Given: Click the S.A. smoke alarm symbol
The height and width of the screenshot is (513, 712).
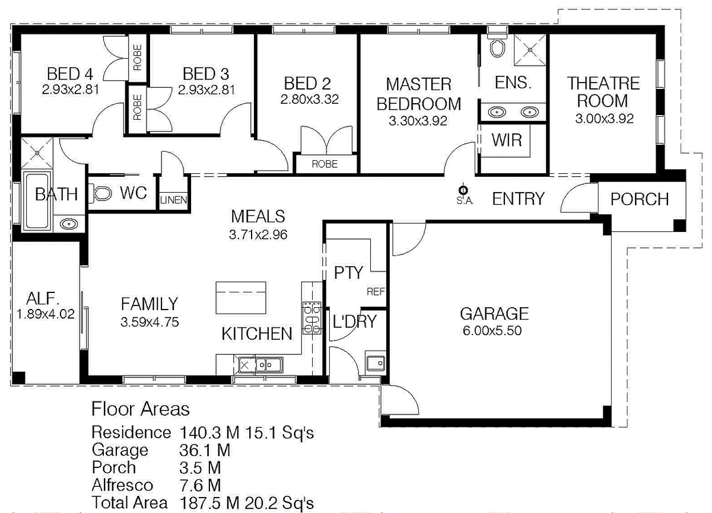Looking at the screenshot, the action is pyautogui.click(x=463, y=190).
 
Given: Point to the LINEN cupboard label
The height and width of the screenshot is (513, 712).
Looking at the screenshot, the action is pyautogui.click(x=173, y=200).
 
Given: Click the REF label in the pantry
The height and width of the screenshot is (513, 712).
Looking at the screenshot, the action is pyautogui.click(x=376, y=292).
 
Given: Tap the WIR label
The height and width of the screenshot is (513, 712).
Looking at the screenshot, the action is pyautogui.click(x=507, y=140).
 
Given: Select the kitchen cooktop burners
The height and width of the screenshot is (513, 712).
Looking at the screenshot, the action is pyautogui.click(x=312, y=318).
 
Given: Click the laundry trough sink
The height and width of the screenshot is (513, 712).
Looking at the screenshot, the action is pyautogui.click(x=376, y=363).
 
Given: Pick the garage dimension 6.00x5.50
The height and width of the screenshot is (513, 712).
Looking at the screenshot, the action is pyautogui.click(x=492, y=331).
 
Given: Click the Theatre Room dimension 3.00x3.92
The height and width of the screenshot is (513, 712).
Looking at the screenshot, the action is pyautogui.click(x=604, y=119).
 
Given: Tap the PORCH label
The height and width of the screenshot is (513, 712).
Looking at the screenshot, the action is pyautogui.click(x=640, y=199).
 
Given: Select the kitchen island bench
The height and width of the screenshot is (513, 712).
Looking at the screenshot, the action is pyautogui.click(x=241, y=298).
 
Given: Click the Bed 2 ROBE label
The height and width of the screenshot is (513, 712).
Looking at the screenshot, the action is pyautogui.click(x=325, y=164).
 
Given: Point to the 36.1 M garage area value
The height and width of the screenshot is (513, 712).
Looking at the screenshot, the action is pyautogui.click(x=205, y=450).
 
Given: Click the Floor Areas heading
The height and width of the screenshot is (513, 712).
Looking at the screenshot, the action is pyautogui.click(x=141, y=409).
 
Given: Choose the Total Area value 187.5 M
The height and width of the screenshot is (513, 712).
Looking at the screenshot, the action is pyautogui.click(x=209, y=503).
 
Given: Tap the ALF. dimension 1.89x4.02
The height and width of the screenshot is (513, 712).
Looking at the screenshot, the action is pyautogui.click(x=46, y=314).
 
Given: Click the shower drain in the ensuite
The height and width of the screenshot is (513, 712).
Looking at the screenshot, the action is pyautogui.click(x=530, y=50).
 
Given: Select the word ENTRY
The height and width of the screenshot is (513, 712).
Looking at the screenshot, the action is pyautogui.click(x=519, y=199).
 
